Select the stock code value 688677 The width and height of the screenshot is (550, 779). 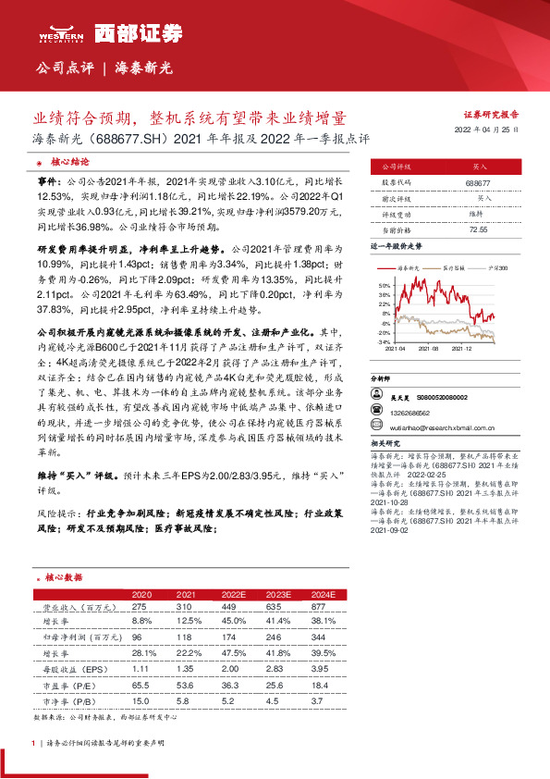point(478,184)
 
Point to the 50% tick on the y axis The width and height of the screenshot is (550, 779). point(385,287)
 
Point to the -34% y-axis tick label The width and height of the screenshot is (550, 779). point(384,341)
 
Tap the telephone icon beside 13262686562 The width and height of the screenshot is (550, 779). point(377,411)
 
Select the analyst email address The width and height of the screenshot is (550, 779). point(443,427)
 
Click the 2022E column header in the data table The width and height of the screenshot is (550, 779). point(235,594)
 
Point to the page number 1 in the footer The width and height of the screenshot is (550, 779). point(33,743)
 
